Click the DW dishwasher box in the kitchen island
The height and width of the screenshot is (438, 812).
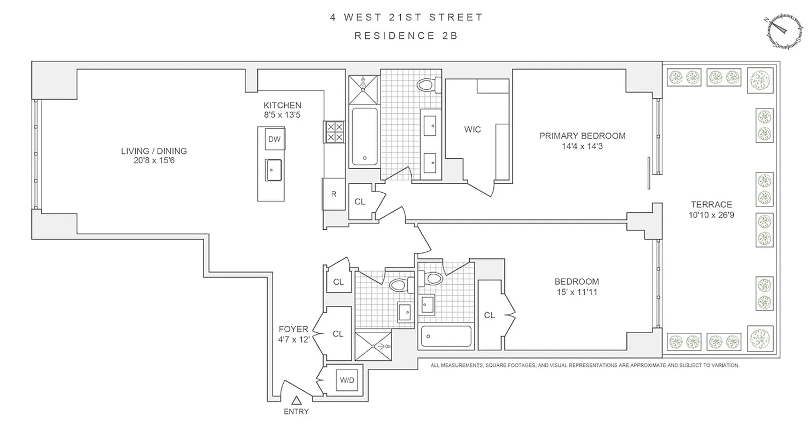pyautogui.click(x=274, y=139)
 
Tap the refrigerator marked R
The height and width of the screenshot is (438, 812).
pyautogui.click(x=333, y=193)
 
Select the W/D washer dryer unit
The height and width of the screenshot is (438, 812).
pyautogui.click(x=346, y=379)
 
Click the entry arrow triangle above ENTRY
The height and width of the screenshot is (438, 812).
pyautogui.click(x=296, y=401)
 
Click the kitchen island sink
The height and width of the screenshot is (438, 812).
pyautogui.click(x=273, y=170)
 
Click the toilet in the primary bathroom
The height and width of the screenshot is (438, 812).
pyautogui.click(x=426, y=85)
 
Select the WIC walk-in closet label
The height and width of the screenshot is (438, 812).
pyautogui.click(x=472, y=130)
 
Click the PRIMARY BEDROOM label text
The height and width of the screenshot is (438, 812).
pyautogui.click(x=582, y=136)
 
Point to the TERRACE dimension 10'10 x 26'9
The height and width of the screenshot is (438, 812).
pyautogui.click(x=711, y=215)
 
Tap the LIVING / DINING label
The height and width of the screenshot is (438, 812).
pyautogui.click(x=154, y=151)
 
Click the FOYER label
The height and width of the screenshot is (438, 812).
pyautogui.click(x=293, y=329)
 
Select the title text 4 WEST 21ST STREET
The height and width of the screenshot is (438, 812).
pyautogui.click(x=406, y=17)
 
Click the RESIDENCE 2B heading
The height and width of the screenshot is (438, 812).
pyautogui.click(x=406, y=36)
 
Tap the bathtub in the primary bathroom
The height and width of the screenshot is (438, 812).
pyautogui.click(x=364, y=136)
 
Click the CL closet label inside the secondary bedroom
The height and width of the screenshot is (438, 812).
pyautogui.click(x=489, y=315)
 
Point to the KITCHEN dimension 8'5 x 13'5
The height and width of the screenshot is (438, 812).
pyautogui.click(x=282, y=115)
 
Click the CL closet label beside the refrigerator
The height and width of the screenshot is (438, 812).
pyautogui.click(x=360, y=201)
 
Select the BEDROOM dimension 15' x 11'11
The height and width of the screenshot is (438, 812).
pyautogui.click(x=576, y=292)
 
